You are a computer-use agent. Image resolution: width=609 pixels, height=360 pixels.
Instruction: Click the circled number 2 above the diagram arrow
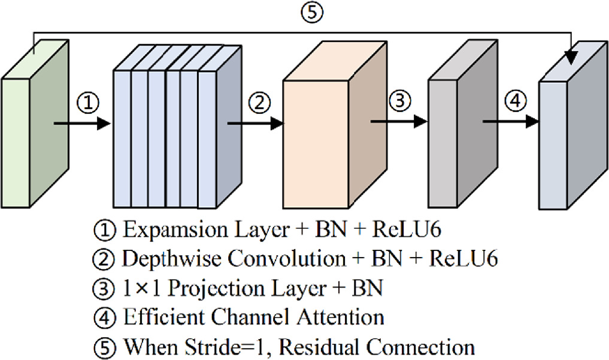coord(259,102)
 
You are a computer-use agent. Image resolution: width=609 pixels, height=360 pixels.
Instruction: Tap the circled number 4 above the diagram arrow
coord(514,100)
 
